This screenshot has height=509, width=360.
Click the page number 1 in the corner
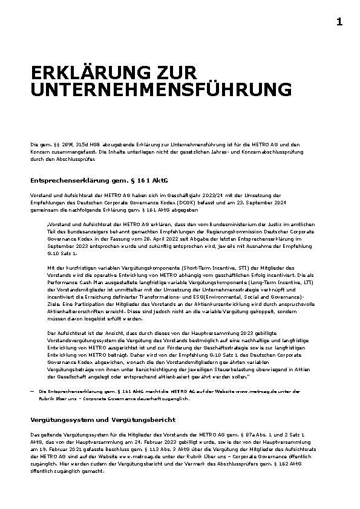339,22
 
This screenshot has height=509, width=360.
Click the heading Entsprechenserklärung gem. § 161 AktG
99,180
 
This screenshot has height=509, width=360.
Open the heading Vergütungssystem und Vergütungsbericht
102,419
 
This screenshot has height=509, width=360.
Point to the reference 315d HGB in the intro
78,144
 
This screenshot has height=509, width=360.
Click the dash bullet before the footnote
32,392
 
